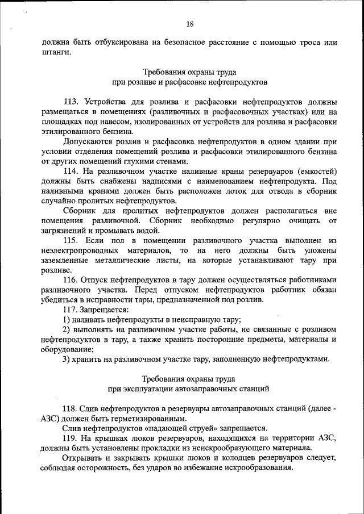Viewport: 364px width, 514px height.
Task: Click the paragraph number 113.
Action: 71,102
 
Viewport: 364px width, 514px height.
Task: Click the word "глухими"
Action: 146,161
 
